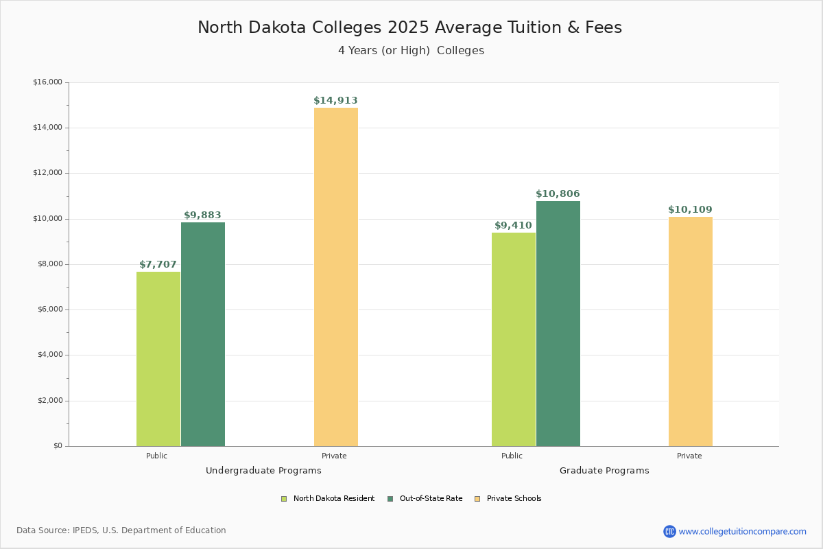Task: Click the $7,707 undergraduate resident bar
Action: pyautogui.click(x=158, y=359)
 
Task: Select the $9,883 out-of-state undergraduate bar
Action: pyautogui.click(x=203, y=334)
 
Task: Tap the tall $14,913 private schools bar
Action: pyautogui.click(x=336, y=277)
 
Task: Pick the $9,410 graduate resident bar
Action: pyautogui.click(x=514, y=339)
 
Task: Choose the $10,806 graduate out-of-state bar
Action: pyautogui.click(x=558, y=323)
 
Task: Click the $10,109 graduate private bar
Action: pyautogui.click(x=691, y=331)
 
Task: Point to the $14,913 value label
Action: pyautogui.click(x=335, y=101)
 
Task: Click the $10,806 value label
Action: pyautogui.click(x=558, y=194)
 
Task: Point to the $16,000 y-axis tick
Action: pyautogui.click(x=47, y=82)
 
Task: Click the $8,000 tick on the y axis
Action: pyautogui.click(x=49, y=264)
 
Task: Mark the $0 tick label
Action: pyautogui.click(x=58, y=446)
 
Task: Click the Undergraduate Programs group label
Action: pyautogui.click(x=263, y=471)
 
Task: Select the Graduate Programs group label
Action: pyautogui.click(x=604, y=471)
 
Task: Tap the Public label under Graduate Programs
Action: pyautogui.click(x=512, y=456)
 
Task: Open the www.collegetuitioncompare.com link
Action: pyautogui.click(x=742, y=531)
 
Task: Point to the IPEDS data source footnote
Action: pyautogui.click(x=121, y=530)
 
